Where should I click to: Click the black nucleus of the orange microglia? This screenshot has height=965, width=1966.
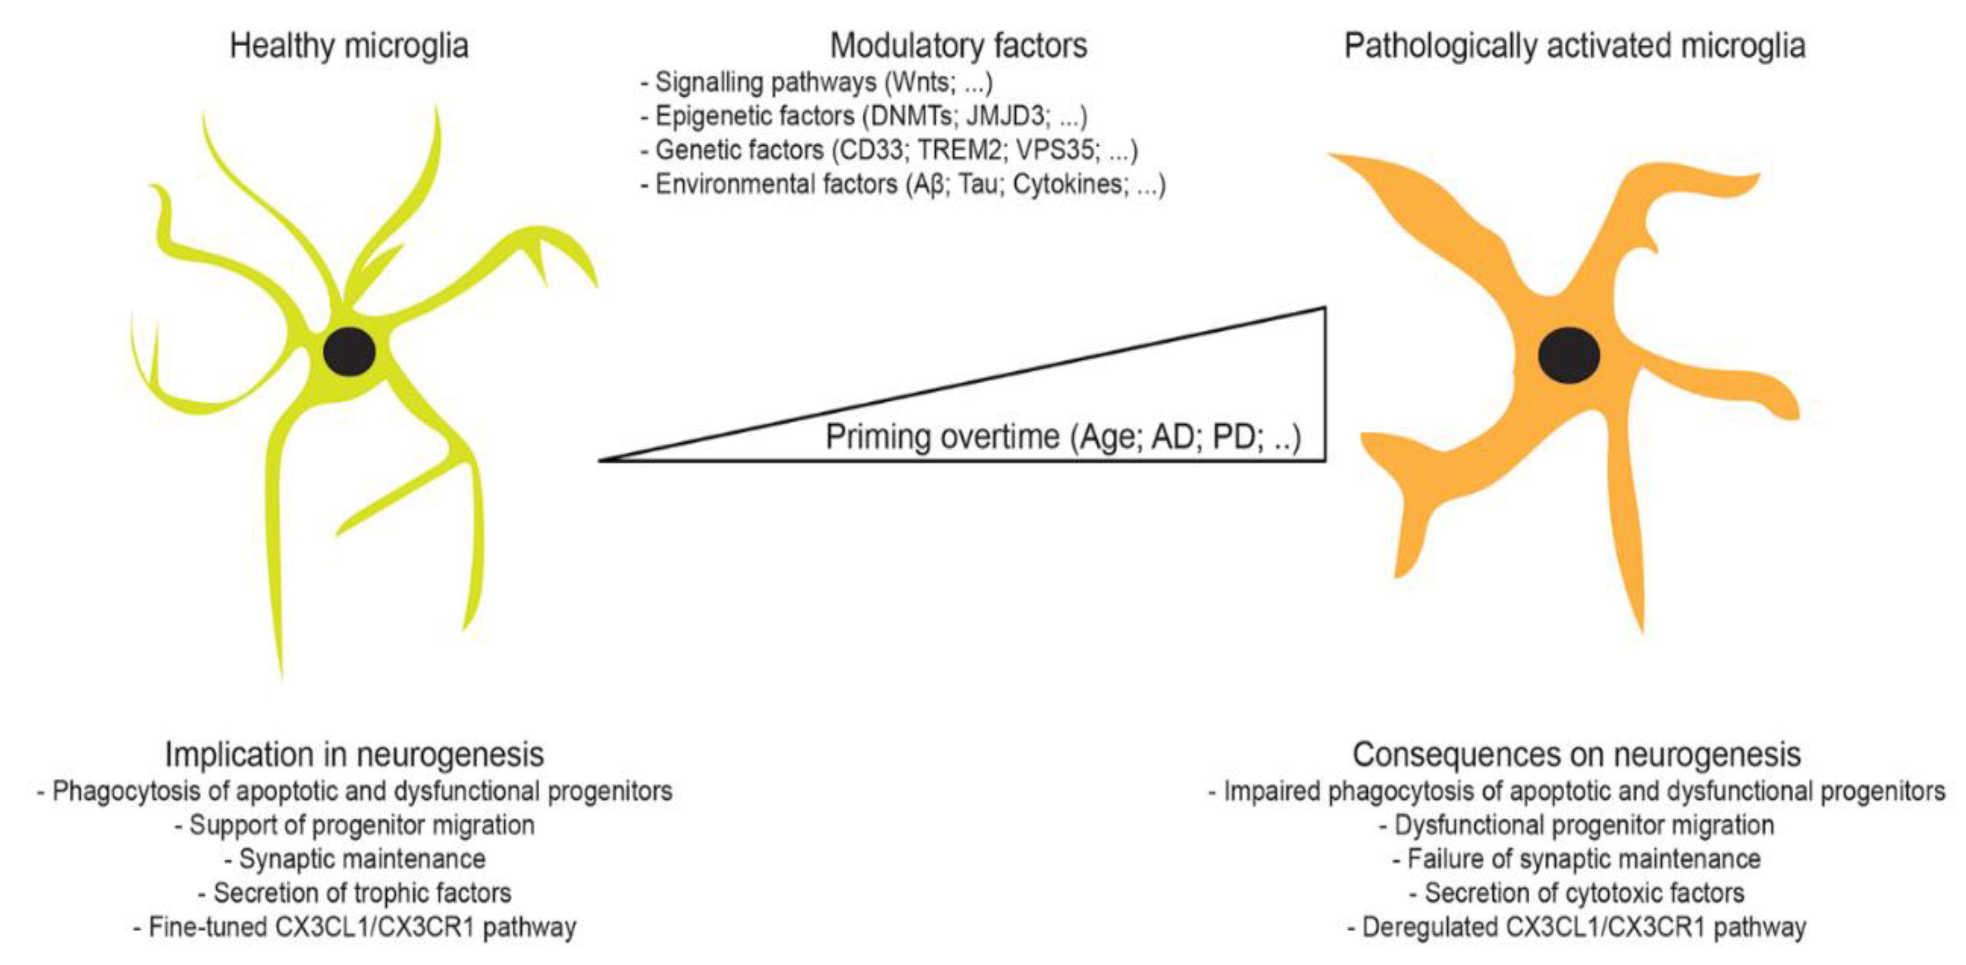click(1568, 355)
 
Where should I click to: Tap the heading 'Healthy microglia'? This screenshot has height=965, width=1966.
click(349, 46)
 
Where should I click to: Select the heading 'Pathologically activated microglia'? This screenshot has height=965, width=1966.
click(1574, 46)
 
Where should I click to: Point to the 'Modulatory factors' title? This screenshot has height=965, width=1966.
click(958, 46)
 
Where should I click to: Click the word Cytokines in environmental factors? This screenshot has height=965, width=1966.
click(1068, 185)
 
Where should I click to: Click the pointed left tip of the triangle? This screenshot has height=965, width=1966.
click(603, 460)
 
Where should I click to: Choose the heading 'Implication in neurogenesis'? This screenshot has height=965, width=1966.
click(354, 755)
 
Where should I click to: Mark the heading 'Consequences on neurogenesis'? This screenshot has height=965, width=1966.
click(1577, 755)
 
